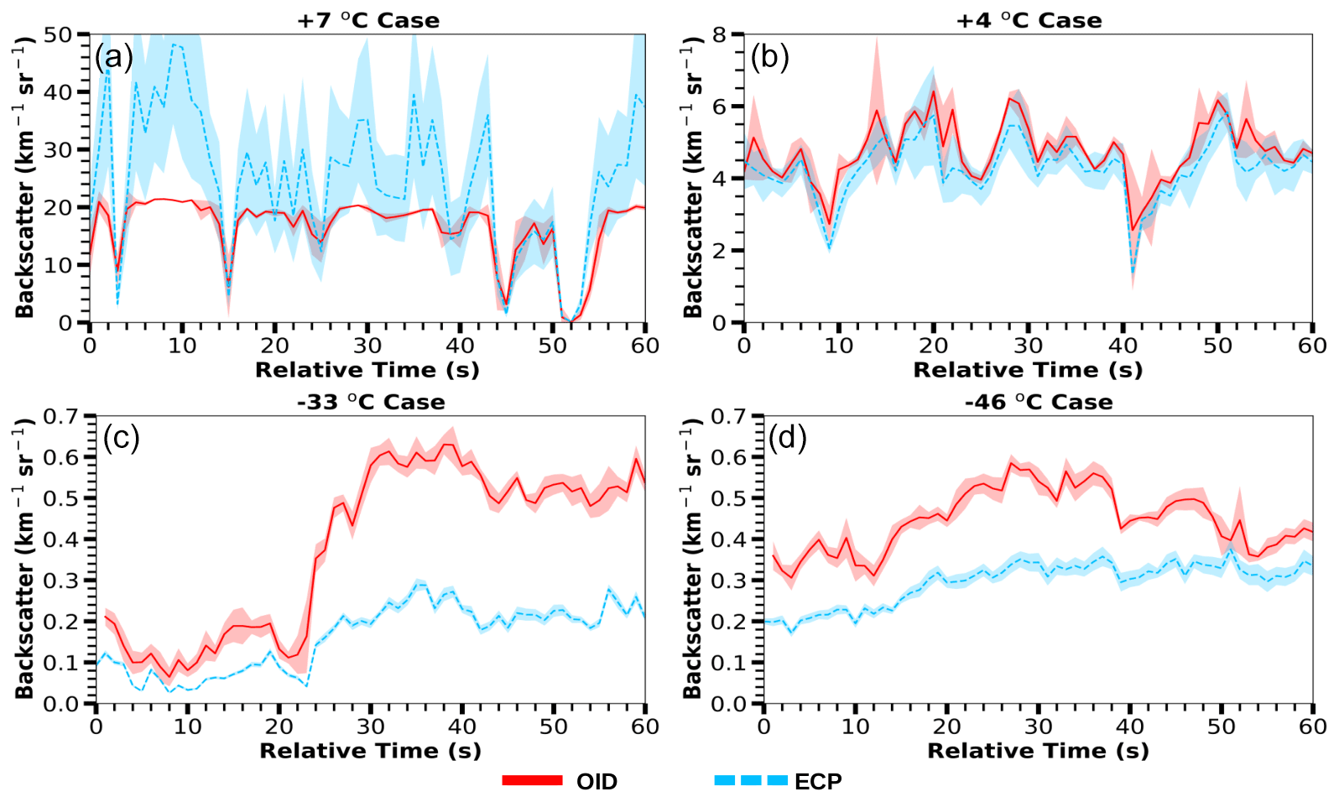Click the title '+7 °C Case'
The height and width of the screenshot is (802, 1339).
[x=368, y=20]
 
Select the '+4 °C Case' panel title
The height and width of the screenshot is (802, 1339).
[x=1029, y=20]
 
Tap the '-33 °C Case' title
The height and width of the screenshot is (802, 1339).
[x=371, y=402]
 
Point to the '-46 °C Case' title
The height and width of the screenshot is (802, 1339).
[x=1039, y=402]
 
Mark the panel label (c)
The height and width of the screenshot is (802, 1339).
[x=121, y=437]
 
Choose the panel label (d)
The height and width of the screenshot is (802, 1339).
[x=787, y=437]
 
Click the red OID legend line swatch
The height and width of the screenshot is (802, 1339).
[x=532, y=781]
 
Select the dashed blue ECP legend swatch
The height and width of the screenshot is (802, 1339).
[x=751, y=781]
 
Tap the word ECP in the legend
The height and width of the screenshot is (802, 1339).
[x=818, y=782]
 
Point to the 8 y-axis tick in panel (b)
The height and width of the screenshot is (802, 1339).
[x=719, y=35]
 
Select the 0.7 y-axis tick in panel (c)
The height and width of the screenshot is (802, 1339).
[x=60, y=417]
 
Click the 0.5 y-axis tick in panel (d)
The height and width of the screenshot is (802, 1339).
[x=727, y=498]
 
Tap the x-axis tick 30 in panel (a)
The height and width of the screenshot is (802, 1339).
[x=367, y=346]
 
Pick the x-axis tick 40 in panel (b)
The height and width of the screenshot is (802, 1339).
[x=1123, y=346]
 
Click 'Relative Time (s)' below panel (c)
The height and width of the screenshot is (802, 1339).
[x=370, y=751]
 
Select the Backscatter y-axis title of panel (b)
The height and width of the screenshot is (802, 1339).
[x=693, y=177]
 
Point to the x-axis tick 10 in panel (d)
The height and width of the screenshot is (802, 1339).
[x=855, y=726]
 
